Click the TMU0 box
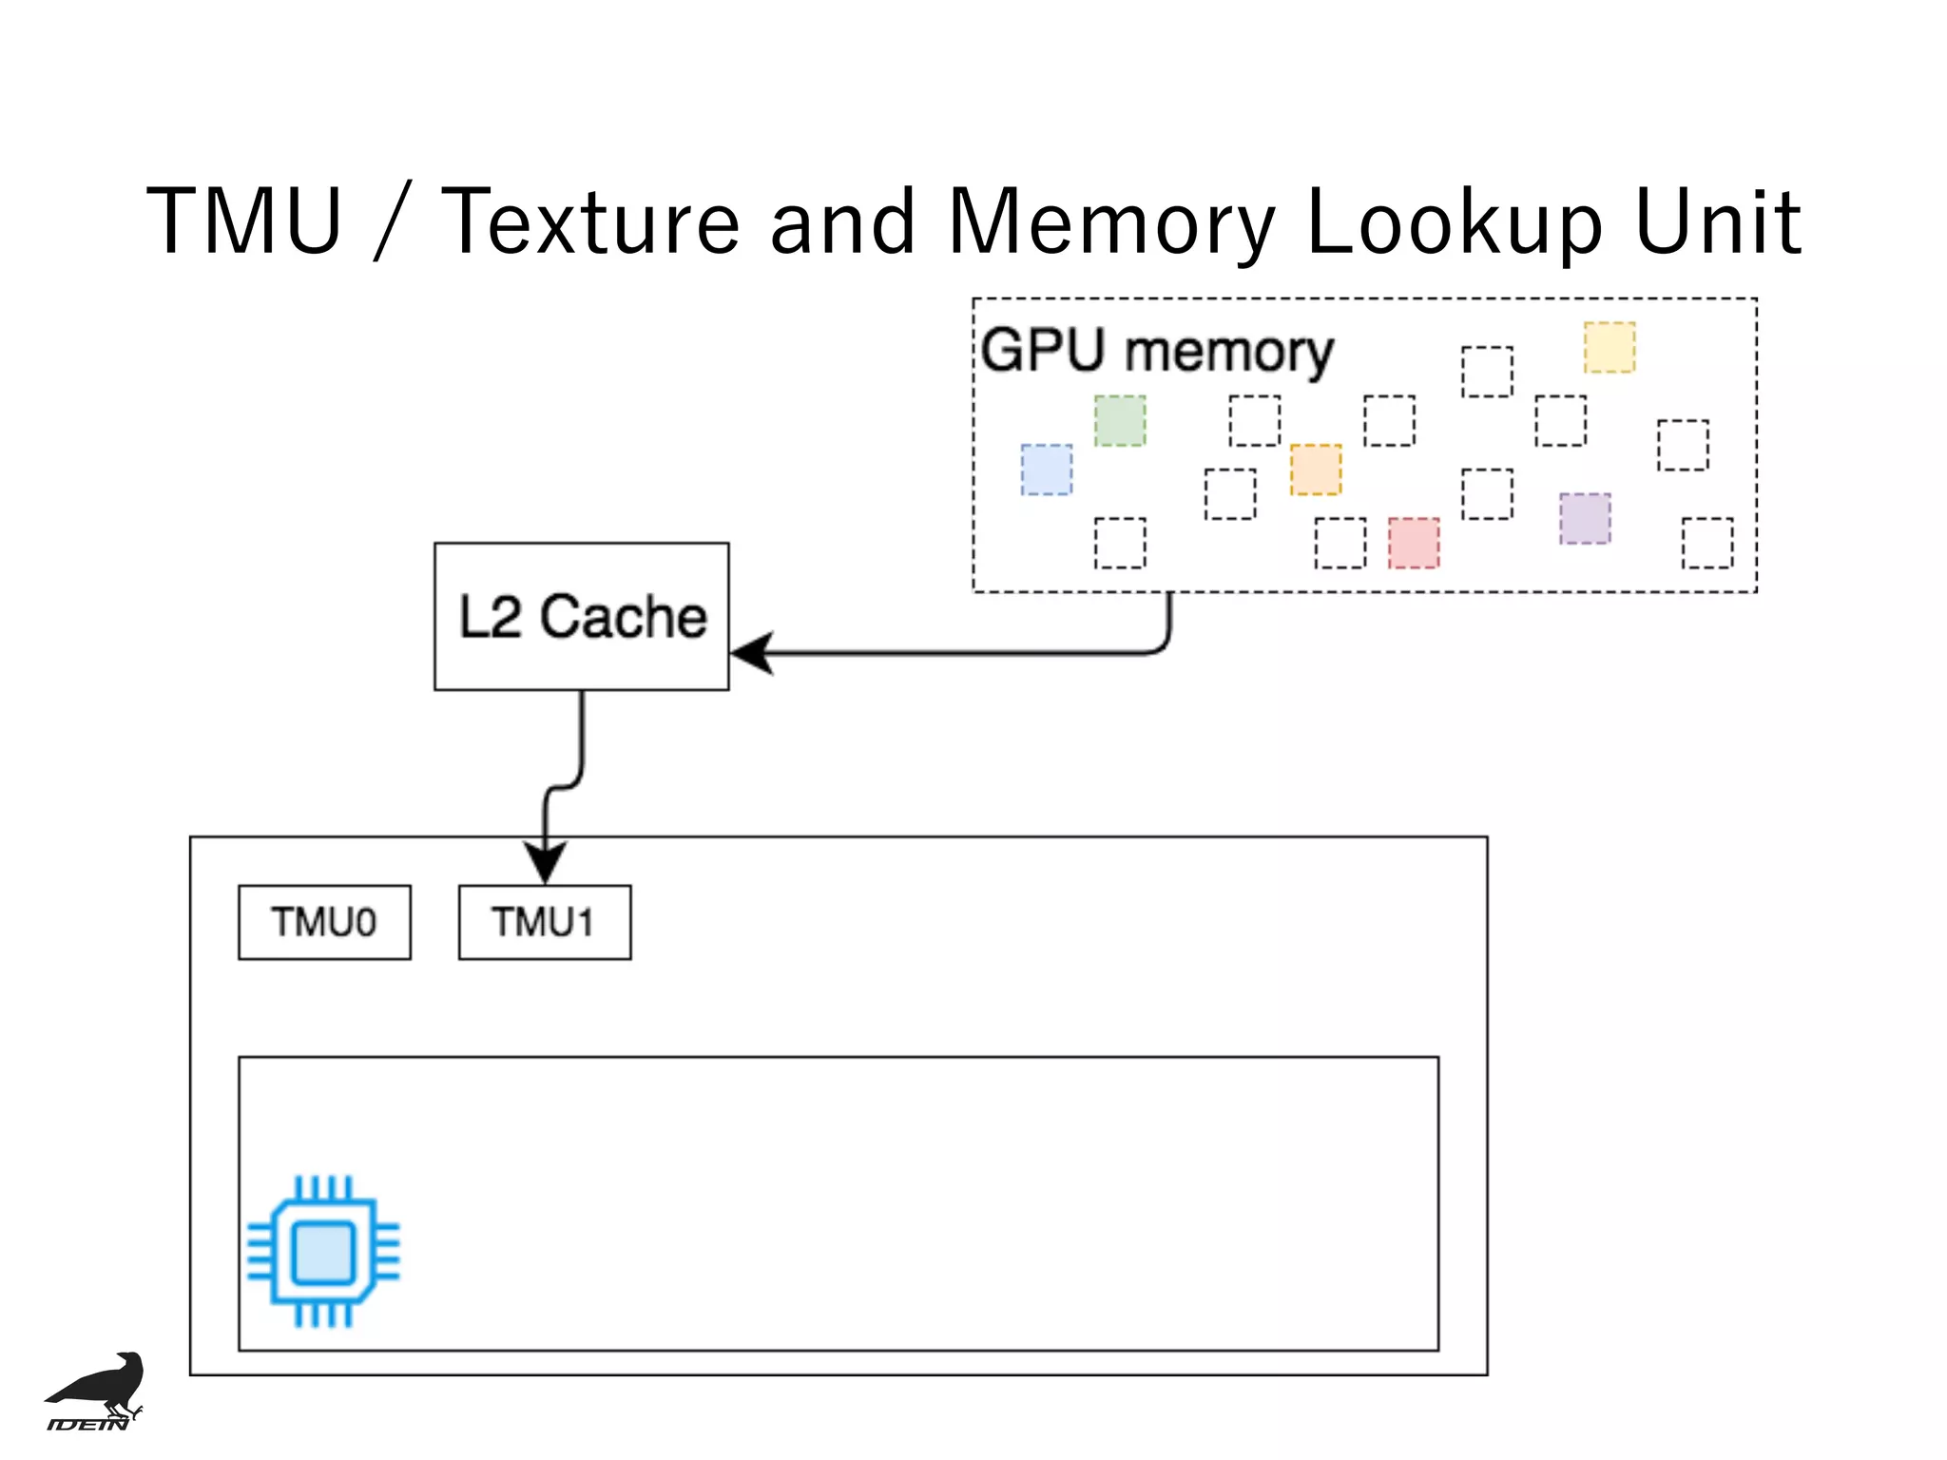click(x=324, y=922)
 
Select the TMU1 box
click(x=544, y=922)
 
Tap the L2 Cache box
click(x=581, y=616)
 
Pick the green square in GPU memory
click(x=1119, y=421)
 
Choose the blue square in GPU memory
click(x=1046, y=470)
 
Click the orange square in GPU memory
click(x=1315, y=470)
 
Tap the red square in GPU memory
click(x=1413, y=543)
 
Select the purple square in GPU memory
click(x=1584, y=518)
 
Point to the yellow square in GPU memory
click(x=1609, y=347)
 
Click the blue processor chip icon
click(x=323, y=1251)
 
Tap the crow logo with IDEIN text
click(x=95, y=1391)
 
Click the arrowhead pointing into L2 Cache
click(x=753, y=653)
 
